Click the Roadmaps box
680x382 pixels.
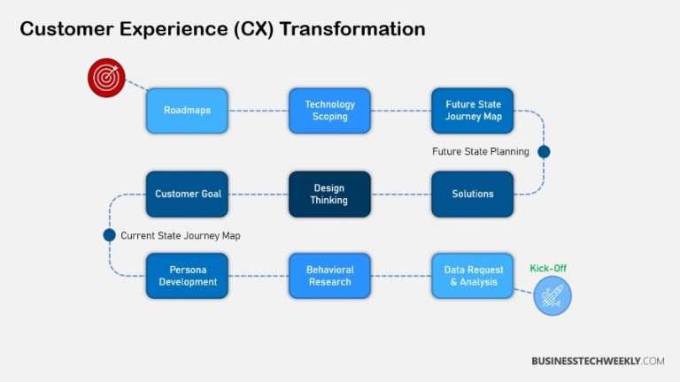[x=187, y=111]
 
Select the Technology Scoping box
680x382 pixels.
[x=329, y=111]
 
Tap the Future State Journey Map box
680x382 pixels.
[x=473, y=111]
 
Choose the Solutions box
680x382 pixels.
[x=473, y=194]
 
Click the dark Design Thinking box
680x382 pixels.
[x=329, y=194]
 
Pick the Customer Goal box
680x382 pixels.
[x=187, y=194]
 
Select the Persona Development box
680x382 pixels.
[x=187, y=276]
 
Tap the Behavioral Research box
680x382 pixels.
[x=329, y=276]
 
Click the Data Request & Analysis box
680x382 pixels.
[x=473, y=276]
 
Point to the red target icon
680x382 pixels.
[x=106, y=78]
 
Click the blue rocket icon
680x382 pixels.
[x=552, y=296]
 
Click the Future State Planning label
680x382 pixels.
[x=480, y=151]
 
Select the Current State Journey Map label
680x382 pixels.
[x=181, y=236]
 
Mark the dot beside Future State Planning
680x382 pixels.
[x=544, y=151]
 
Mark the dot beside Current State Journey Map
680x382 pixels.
[x=110, y=235]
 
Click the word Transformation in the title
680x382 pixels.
[x=352, y=29]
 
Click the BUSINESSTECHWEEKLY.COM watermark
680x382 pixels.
[x=598, y=361]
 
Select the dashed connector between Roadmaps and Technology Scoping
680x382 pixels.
[x=259, y=111]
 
